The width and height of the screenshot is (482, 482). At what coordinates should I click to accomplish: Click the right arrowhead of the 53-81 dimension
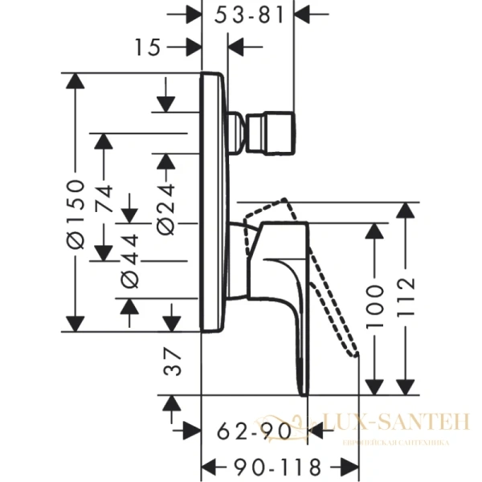(x=307, y=14)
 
